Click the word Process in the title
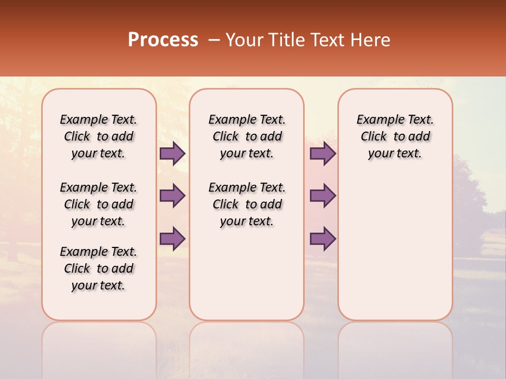pos(163,40)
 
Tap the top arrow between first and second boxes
pos(172,154)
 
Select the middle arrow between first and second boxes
pos(172,196)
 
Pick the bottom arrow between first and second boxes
pos(172,238)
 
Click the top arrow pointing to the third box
pos(323,154)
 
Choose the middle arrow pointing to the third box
pos(323,196)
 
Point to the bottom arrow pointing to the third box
pos(323,238)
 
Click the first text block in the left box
pos(99,137)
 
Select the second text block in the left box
pos(99,204)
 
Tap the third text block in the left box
pos(99,268)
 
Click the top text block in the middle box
pos(247,137)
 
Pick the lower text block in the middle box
pos(247,204)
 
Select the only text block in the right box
pos(395,137)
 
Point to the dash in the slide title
pos(214,40)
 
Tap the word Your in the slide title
pos(245,40)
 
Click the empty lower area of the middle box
pos(247,274)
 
